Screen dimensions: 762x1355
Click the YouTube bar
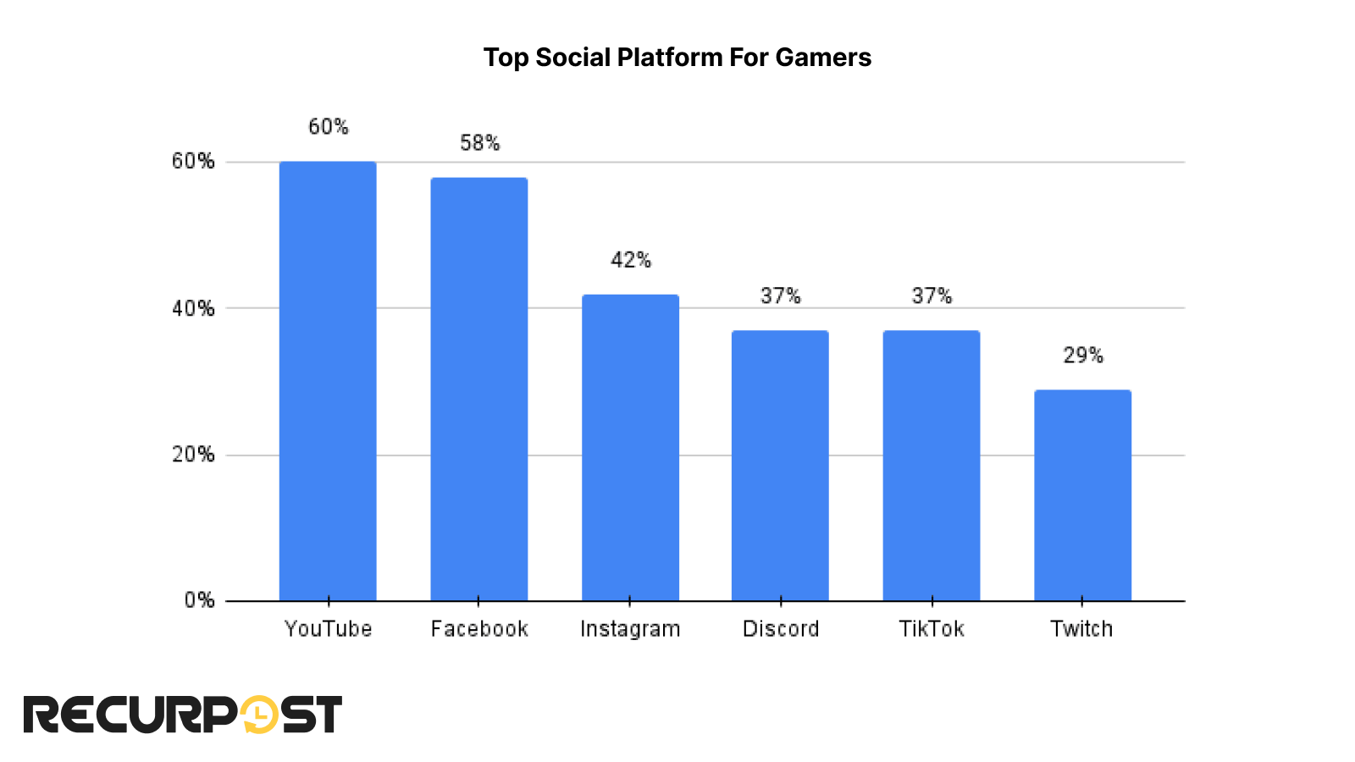click(x=328, y=381)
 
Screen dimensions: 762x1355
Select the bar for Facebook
click(x=479, y=389)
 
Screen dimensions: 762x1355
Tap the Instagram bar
click(x=630, y=448)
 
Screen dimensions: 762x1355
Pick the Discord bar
click(x=780, y=466)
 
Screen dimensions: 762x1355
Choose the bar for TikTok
click(x=932, y=466)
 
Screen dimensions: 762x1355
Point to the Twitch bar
click(x=1082, y=495)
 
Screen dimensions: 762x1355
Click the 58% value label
click(x=479, y=143)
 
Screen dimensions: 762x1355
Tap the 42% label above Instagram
click(x=631, y=260)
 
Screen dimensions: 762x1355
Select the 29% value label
click(x=1083, y=356)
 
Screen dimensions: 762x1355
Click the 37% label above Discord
click(x=780, y=295)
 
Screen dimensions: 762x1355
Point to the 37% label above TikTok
click(x=932, y=295)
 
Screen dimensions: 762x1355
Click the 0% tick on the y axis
click(x=199, y=600)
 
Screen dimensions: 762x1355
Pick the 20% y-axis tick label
click(x=193, y=455)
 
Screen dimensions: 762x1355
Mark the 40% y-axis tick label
click(x=193, y=308)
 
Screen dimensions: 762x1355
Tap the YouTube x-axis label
click(x=328, y=629)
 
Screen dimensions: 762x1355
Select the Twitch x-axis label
click(x=1081, y=629)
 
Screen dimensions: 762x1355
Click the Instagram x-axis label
click(x=630, y=629)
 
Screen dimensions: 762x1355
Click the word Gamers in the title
click(x=823, y=58)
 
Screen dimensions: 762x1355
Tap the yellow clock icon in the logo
click(x=259, y=715)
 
